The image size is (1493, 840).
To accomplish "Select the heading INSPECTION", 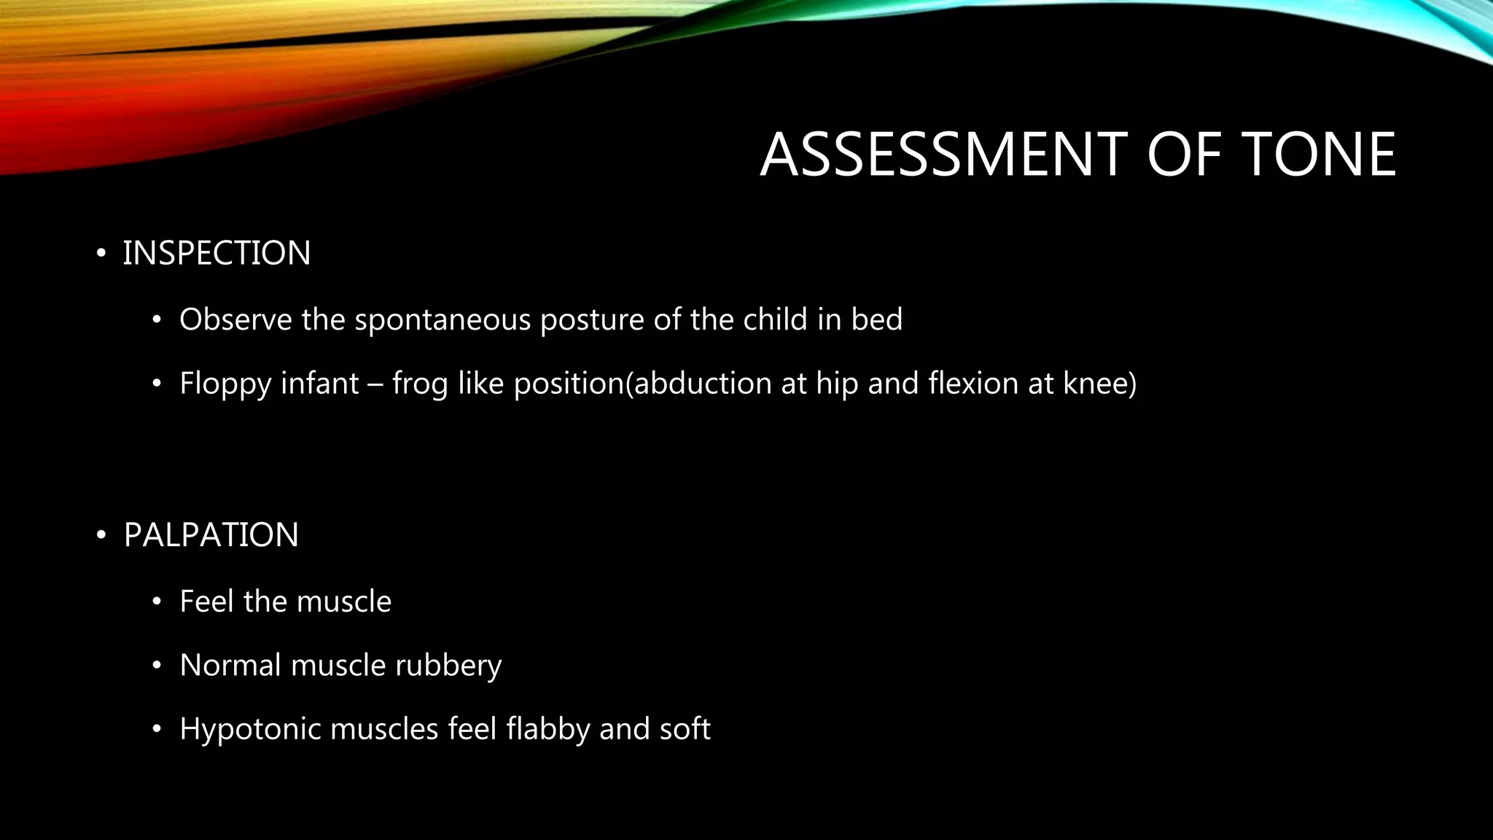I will coord(217,253).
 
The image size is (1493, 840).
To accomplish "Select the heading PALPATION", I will coord(211,534).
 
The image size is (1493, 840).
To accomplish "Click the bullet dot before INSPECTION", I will coord(101,254).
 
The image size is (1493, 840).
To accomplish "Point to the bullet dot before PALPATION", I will coord(101,535).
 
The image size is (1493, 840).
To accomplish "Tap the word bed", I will coord(877,319).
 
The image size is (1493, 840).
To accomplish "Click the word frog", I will coord(420,384).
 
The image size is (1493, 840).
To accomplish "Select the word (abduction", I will coord(698,384).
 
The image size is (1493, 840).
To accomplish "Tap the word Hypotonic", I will coord(250,729).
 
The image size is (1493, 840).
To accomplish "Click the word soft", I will coord(685,729).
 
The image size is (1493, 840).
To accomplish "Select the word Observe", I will coord(235,319).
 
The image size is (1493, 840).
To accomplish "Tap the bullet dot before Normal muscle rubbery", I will coord(156,666).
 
